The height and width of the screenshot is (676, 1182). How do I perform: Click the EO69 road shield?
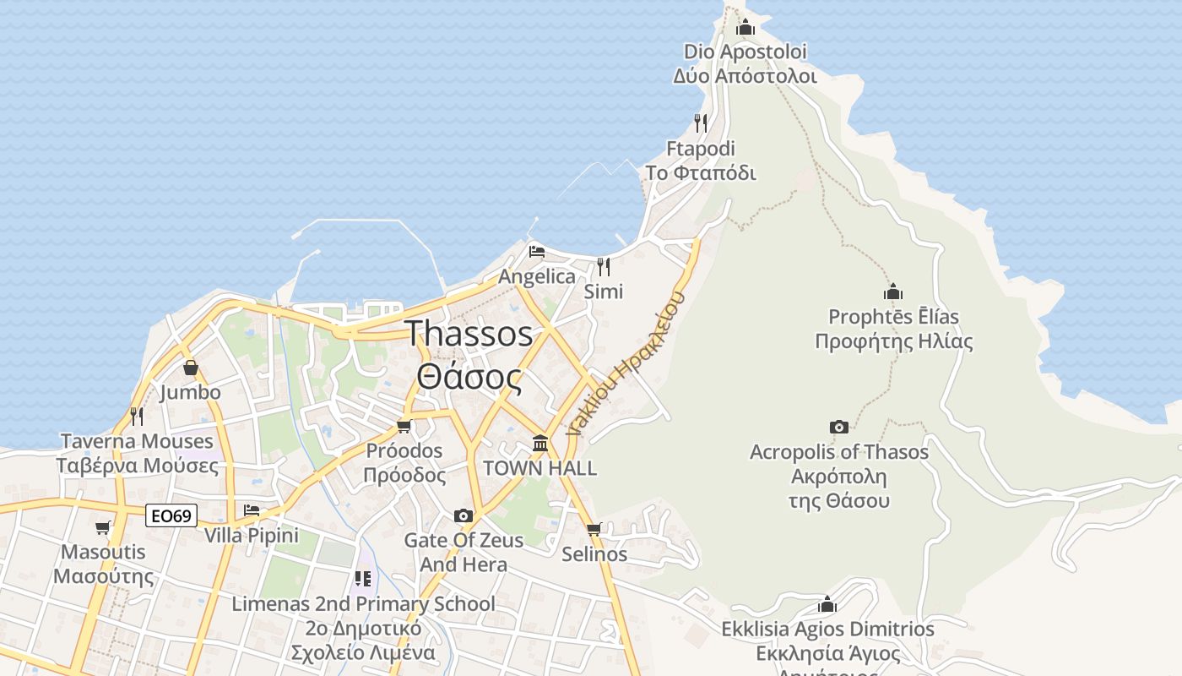pyautogui.click(x=171, y=515)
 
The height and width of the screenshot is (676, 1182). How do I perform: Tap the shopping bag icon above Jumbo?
pyautogui.click(x=191, y=368)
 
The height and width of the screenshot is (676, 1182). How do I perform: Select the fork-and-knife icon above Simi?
pyautogui.click(x=604, y=267)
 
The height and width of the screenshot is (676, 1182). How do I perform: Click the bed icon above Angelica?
pyautogui.click(x=537, y=251)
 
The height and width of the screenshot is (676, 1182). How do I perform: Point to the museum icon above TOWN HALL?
pyautogui.click(x=540, y=443)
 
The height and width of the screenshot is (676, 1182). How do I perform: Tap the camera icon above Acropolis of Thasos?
pyautogui.click(x=838, y=427)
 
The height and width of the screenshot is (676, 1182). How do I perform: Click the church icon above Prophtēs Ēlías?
pyautogui.click(x=893, y=292)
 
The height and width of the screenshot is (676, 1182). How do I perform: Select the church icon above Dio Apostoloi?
pyautogui.click(x=745, y=28)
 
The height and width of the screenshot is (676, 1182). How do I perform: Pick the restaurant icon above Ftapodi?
pyautogui.click(x=701, y=123)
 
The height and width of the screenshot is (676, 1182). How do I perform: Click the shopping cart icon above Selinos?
pyautogui.click(x=594, y=529)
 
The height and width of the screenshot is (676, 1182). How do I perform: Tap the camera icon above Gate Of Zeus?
pyautogui.click(x=463, y=515)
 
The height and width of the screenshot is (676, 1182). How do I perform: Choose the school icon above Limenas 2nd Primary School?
pyautogui.click(x=363, y=579)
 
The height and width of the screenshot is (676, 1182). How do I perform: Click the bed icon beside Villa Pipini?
pyautogui.click(x=252, y=510)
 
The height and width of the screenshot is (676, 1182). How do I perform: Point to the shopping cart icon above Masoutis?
pyautogui.click(x=103, y=527)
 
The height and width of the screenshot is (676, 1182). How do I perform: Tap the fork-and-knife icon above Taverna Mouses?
pyautogui.click(x=137, y=416)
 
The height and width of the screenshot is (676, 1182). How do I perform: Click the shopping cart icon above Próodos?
pyautogui.click(x=404, y=426)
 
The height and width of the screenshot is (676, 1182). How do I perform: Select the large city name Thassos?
pyautogui.click(x=469, y=334)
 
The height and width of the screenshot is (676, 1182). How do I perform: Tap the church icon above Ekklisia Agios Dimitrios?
pyautogui.click(x=827, y=605)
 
